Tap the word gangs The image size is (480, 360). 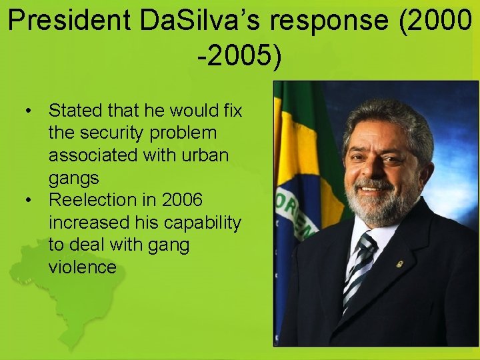pyautogui.click(x=73, y=178)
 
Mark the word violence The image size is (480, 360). pyautogui.click(x=82, y=268)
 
